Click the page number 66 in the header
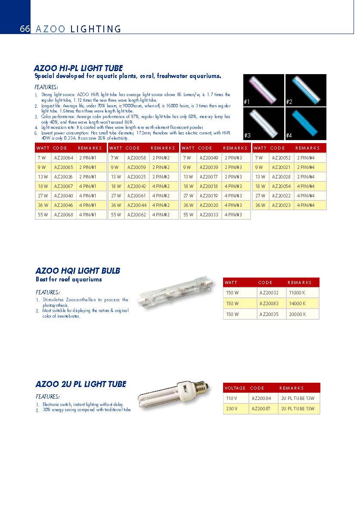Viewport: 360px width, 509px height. click(x=25, y=29)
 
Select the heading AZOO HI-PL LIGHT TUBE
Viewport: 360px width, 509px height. click(x=78, y=68)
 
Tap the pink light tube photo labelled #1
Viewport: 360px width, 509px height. click(x=264, y=90)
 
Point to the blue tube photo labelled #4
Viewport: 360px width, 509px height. click(x=306, y=123)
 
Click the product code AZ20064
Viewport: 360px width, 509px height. click(x=63, y=158)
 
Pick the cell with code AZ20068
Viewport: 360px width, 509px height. click(x=63, y=215)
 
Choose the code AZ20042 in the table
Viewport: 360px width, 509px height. click(x=137, y=186)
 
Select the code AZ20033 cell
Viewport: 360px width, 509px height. click(x=209, y=215)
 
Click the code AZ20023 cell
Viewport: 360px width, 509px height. click(x=281, y=205)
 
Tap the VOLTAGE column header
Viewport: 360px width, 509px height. click(x=235, y=388)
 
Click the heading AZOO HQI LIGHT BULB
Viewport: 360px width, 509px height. click(x=78, y=271)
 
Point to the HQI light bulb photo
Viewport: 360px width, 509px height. click(x=176, y=297)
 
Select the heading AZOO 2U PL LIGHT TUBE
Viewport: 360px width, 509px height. click(x=81, y=384)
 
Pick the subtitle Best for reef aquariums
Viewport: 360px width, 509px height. click(x=69, y=279)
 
